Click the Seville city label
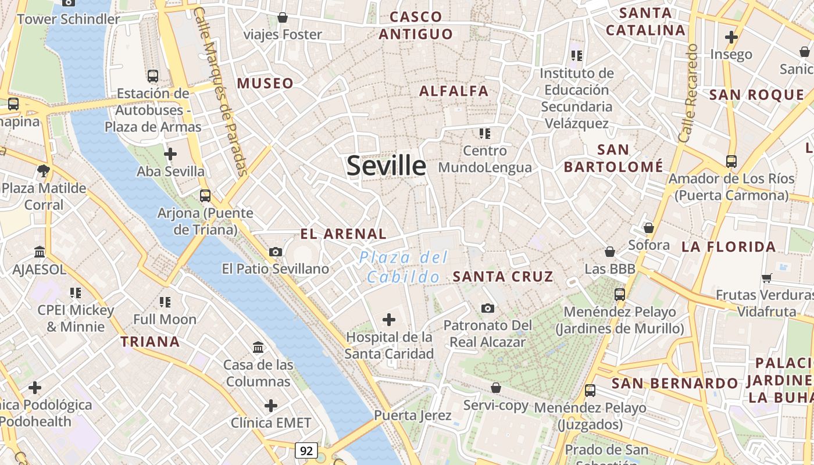(x=386, y=166)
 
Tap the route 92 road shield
(x=306, y=450)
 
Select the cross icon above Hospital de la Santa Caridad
(x=389, y=319)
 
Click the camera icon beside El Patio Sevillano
(x=276, y=252)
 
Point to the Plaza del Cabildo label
(x=404, y=267)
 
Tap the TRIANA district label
(x=150, y=342)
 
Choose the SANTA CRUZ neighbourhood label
(x=503, y=277)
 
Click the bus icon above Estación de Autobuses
(x=153, y=76)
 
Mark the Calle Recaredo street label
(x=688, y=93)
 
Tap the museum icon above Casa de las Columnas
(x=258, y=348)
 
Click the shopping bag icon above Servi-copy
(x=496, y=388)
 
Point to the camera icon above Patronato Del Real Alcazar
(x=488, y=308)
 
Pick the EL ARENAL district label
(x=343, y=234)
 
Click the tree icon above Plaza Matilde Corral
(x=43, y=171)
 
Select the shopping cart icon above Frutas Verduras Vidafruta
(x=767, y=278)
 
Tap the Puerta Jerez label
(x=413, y=416)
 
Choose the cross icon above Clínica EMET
(x=271, y=406)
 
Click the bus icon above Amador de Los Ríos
(x=731, y=161)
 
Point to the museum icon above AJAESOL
(x=40, y=252)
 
